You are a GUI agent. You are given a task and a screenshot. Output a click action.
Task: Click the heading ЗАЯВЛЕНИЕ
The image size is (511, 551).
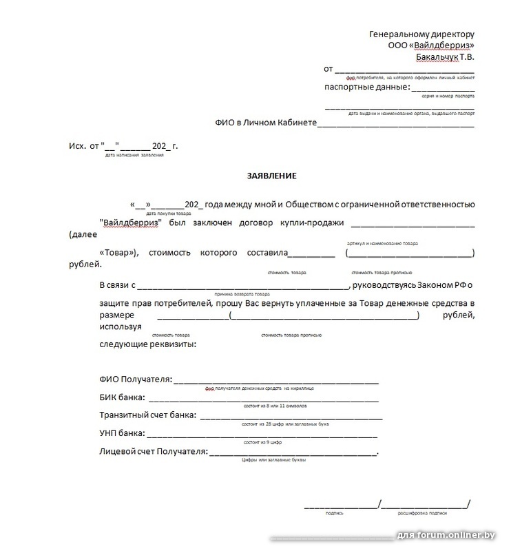pos(271,176)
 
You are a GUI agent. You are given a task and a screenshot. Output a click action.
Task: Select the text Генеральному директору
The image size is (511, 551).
pos(421,34)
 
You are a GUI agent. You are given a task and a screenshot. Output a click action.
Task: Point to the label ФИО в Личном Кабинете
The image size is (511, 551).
pos(265,123)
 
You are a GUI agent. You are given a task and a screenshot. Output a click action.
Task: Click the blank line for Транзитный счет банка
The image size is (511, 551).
pos(290,417)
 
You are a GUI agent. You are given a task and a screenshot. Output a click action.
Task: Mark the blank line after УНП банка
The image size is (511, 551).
pos(262,435)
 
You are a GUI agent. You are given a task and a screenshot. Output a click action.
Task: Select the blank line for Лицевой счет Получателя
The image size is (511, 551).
pos(292,453)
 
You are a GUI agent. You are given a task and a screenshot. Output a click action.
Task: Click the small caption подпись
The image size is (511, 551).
pos(335,513)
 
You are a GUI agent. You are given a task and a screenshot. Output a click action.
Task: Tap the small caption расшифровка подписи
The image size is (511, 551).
pos(422,513)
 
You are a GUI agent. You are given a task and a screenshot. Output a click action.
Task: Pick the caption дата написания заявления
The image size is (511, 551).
pos(135,155)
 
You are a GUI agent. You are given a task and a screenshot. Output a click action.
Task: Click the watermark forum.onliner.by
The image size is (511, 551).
pos(457,535)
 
